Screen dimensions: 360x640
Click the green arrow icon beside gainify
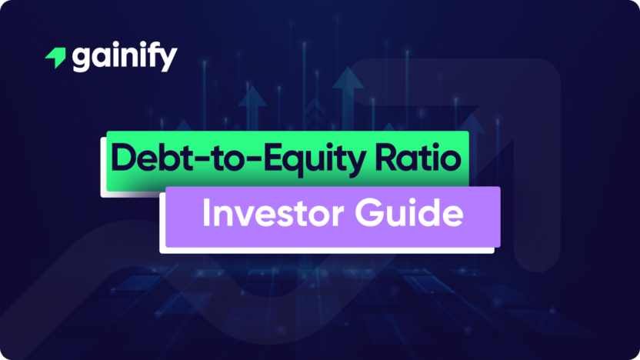[x=56, y=58]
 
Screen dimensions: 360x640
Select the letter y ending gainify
[x=168, y=61]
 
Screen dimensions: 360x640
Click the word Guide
[x=416, y=213]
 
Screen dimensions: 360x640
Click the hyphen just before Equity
[x=238, y=160]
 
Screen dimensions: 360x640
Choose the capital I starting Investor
[x=207, y=213]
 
